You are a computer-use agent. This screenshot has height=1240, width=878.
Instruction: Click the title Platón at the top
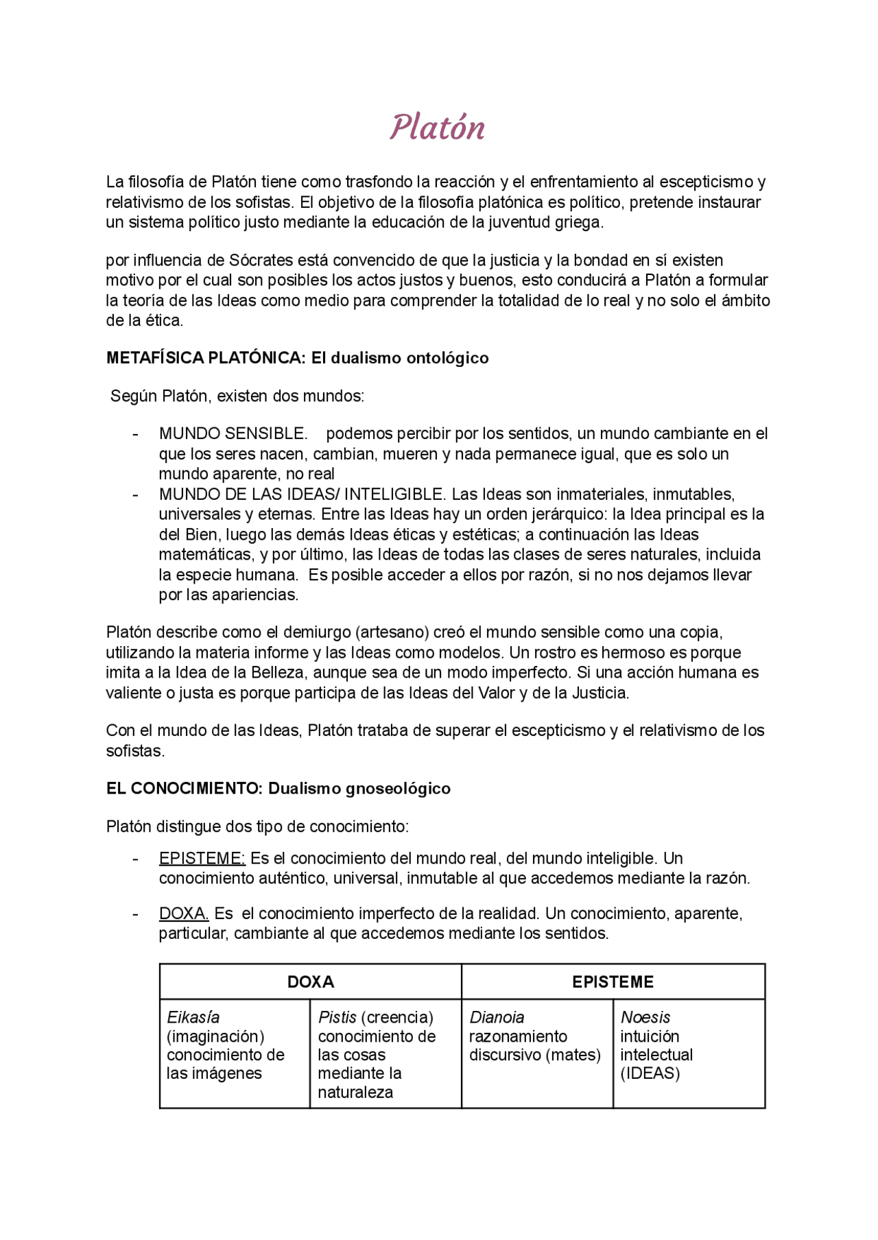(x=437, y=128)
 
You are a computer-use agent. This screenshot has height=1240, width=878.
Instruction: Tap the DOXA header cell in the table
(x=310, y=981)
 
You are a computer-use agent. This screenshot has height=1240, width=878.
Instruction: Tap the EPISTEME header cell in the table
(x=613, y=981)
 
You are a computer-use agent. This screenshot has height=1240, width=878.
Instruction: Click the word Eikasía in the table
(x=193, y=1017)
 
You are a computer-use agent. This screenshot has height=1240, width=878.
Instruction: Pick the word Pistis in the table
(x=337, y=1017)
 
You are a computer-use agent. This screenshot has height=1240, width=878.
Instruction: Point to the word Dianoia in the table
(x=497, y=1017)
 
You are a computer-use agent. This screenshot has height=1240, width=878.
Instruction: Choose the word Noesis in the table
(x=645, y=1017)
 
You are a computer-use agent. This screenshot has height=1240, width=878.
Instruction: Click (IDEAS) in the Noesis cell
(x=650, y=1073)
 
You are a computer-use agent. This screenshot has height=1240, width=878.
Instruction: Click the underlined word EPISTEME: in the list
(x=202, y=859)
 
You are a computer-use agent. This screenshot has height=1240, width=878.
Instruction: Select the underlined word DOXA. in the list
(x=183, y=914)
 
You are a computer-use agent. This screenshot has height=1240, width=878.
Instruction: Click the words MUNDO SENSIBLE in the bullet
(x=233, y=434)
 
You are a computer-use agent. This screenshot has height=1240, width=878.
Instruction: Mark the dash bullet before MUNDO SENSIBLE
(x=135, y=434)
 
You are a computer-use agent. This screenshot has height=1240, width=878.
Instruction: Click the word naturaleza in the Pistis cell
(x=355, y=1093)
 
